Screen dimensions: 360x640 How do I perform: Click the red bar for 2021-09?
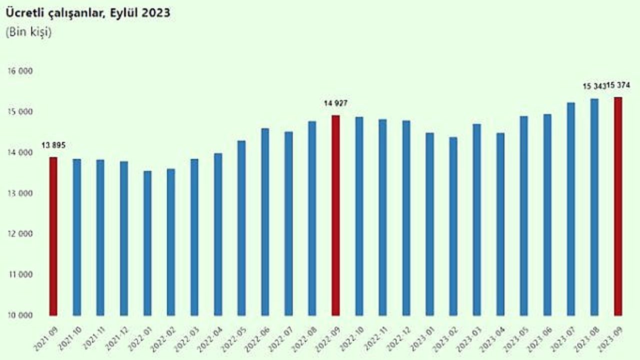(x=53, y=236)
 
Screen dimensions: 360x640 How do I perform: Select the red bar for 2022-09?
(x=335, y=215)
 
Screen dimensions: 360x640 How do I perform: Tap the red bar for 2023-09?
(x=618, y=206)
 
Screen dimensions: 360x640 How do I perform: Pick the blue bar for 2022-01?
(x=147, y=243)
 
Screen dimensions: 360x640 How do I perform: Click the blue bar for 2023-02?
(x=453, y=226)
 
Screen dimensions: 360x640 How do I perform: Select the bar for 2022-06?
(x=265, y=221)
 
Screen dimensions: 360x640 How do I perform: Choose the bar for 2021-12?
(x=123, y=238)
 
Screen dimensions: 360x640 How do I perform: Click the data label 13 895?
(x=53, y=145)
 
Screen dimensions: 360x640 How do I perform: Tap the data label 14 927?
(x=335, y=103)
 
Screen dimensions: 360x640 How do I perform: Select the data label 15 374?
(x=618, y=85)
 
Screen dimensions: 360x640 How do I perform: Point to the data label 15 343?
(x=594, y=86)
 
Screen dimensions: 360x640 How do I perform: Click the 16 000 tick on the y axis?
(x=20, y=71)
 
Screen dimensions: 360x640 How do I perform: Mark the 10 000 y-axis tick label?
(x=20, y=315)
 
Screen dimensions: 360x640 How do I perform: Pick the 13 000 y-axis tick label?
(x=20, y=193)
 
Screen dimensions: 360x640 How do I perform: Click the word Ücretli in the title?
(x=24, y=13)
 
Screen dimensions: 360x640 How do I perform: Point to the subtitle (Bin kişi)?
(x=28, y=31)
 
